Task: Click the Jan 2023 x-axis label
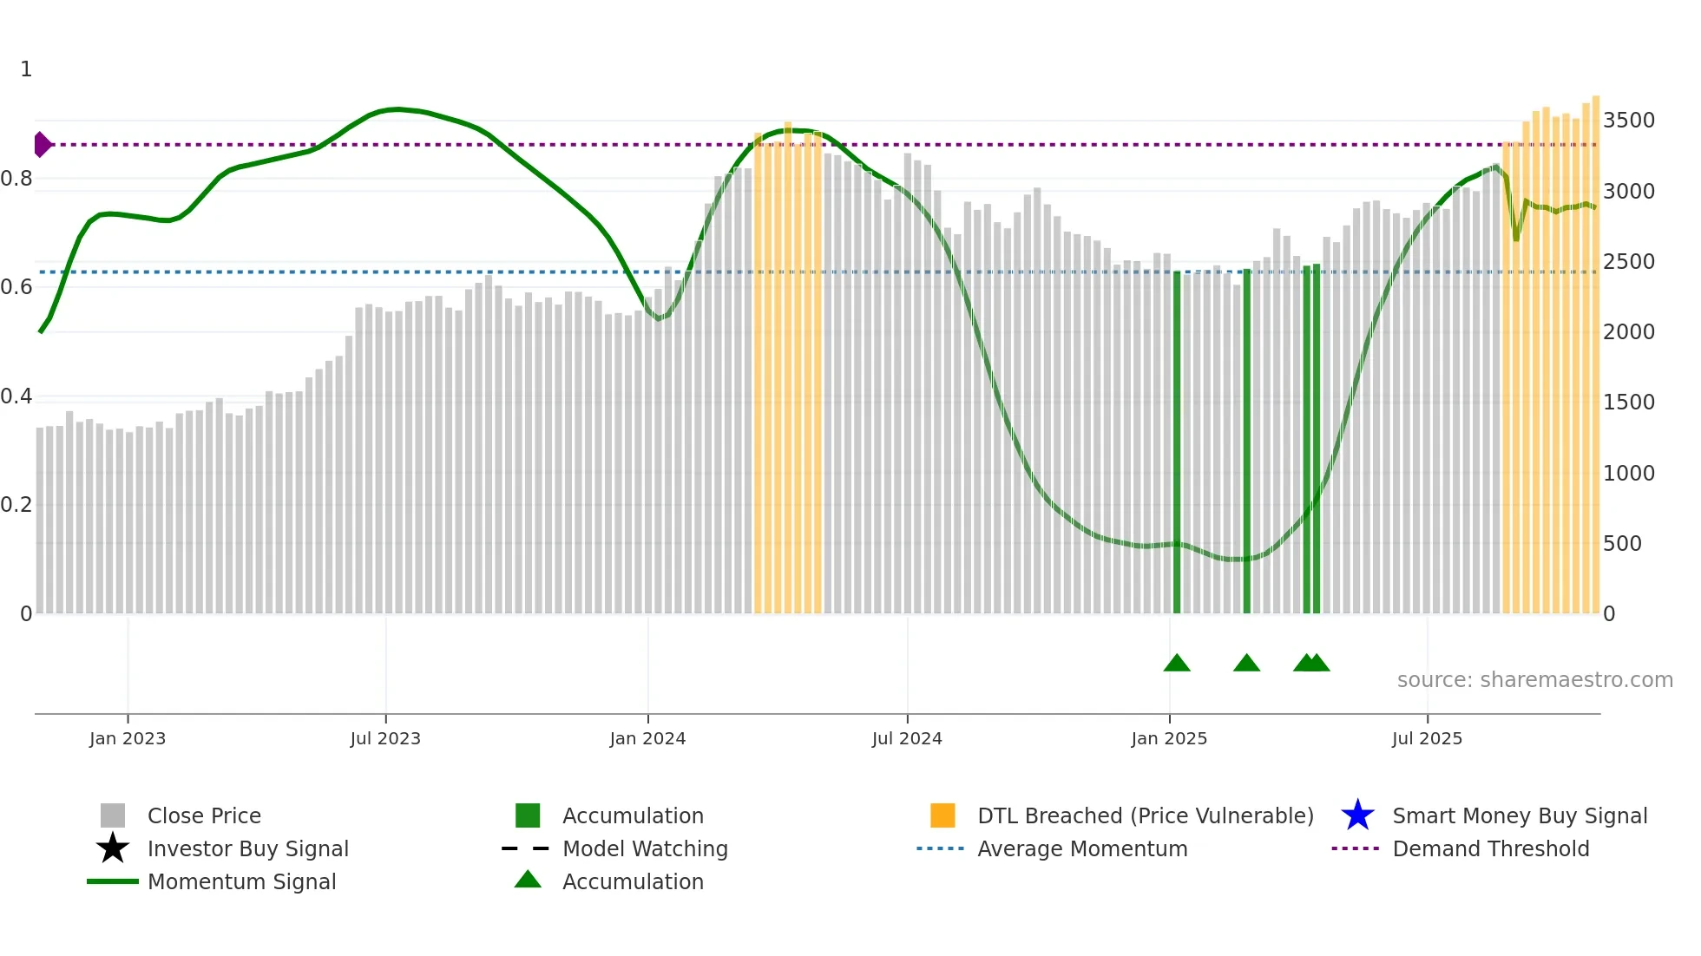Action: [x=128, y=738]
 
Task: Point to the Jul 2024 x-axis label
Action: [x=907, y=738]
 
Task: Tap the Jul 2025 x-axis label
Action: [x=1427, y=738]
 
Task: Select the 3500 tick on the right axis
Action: [x=1628, y=121]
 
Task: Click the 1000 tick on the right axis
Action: [x=1628, y=474]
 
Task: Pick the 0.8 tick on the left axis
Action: [x=16, y=179]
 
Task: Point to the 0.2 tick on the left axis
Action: [x=16, y=505]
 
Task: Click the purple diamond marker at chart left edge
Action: [x=42, y=144]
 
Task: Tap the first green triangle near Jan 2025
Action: [x=1177, y=664]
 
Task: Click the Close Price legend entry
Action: [x=204, y=815]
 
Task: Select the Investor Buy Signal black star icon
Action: [x=113, y=848]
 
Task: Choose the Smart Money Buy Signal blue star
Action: [x=1357, y=815]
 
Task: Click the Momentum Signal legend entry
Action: [x=241, y=881]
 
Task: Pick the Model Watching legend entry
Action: [x=645, y=848]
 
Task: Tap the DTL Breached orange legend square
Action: [x=942, y=815]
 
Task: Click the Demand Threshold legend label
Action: [x=1490, y=848]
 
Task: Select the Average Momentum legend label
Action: [x=1082, y=848]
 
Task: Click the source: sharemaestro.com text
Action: [x=1534, y=680]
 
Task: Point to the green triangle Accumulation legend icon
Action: [x=528, y=880]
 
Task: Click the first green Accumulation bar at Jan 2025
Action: [x=1177, y=442]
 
